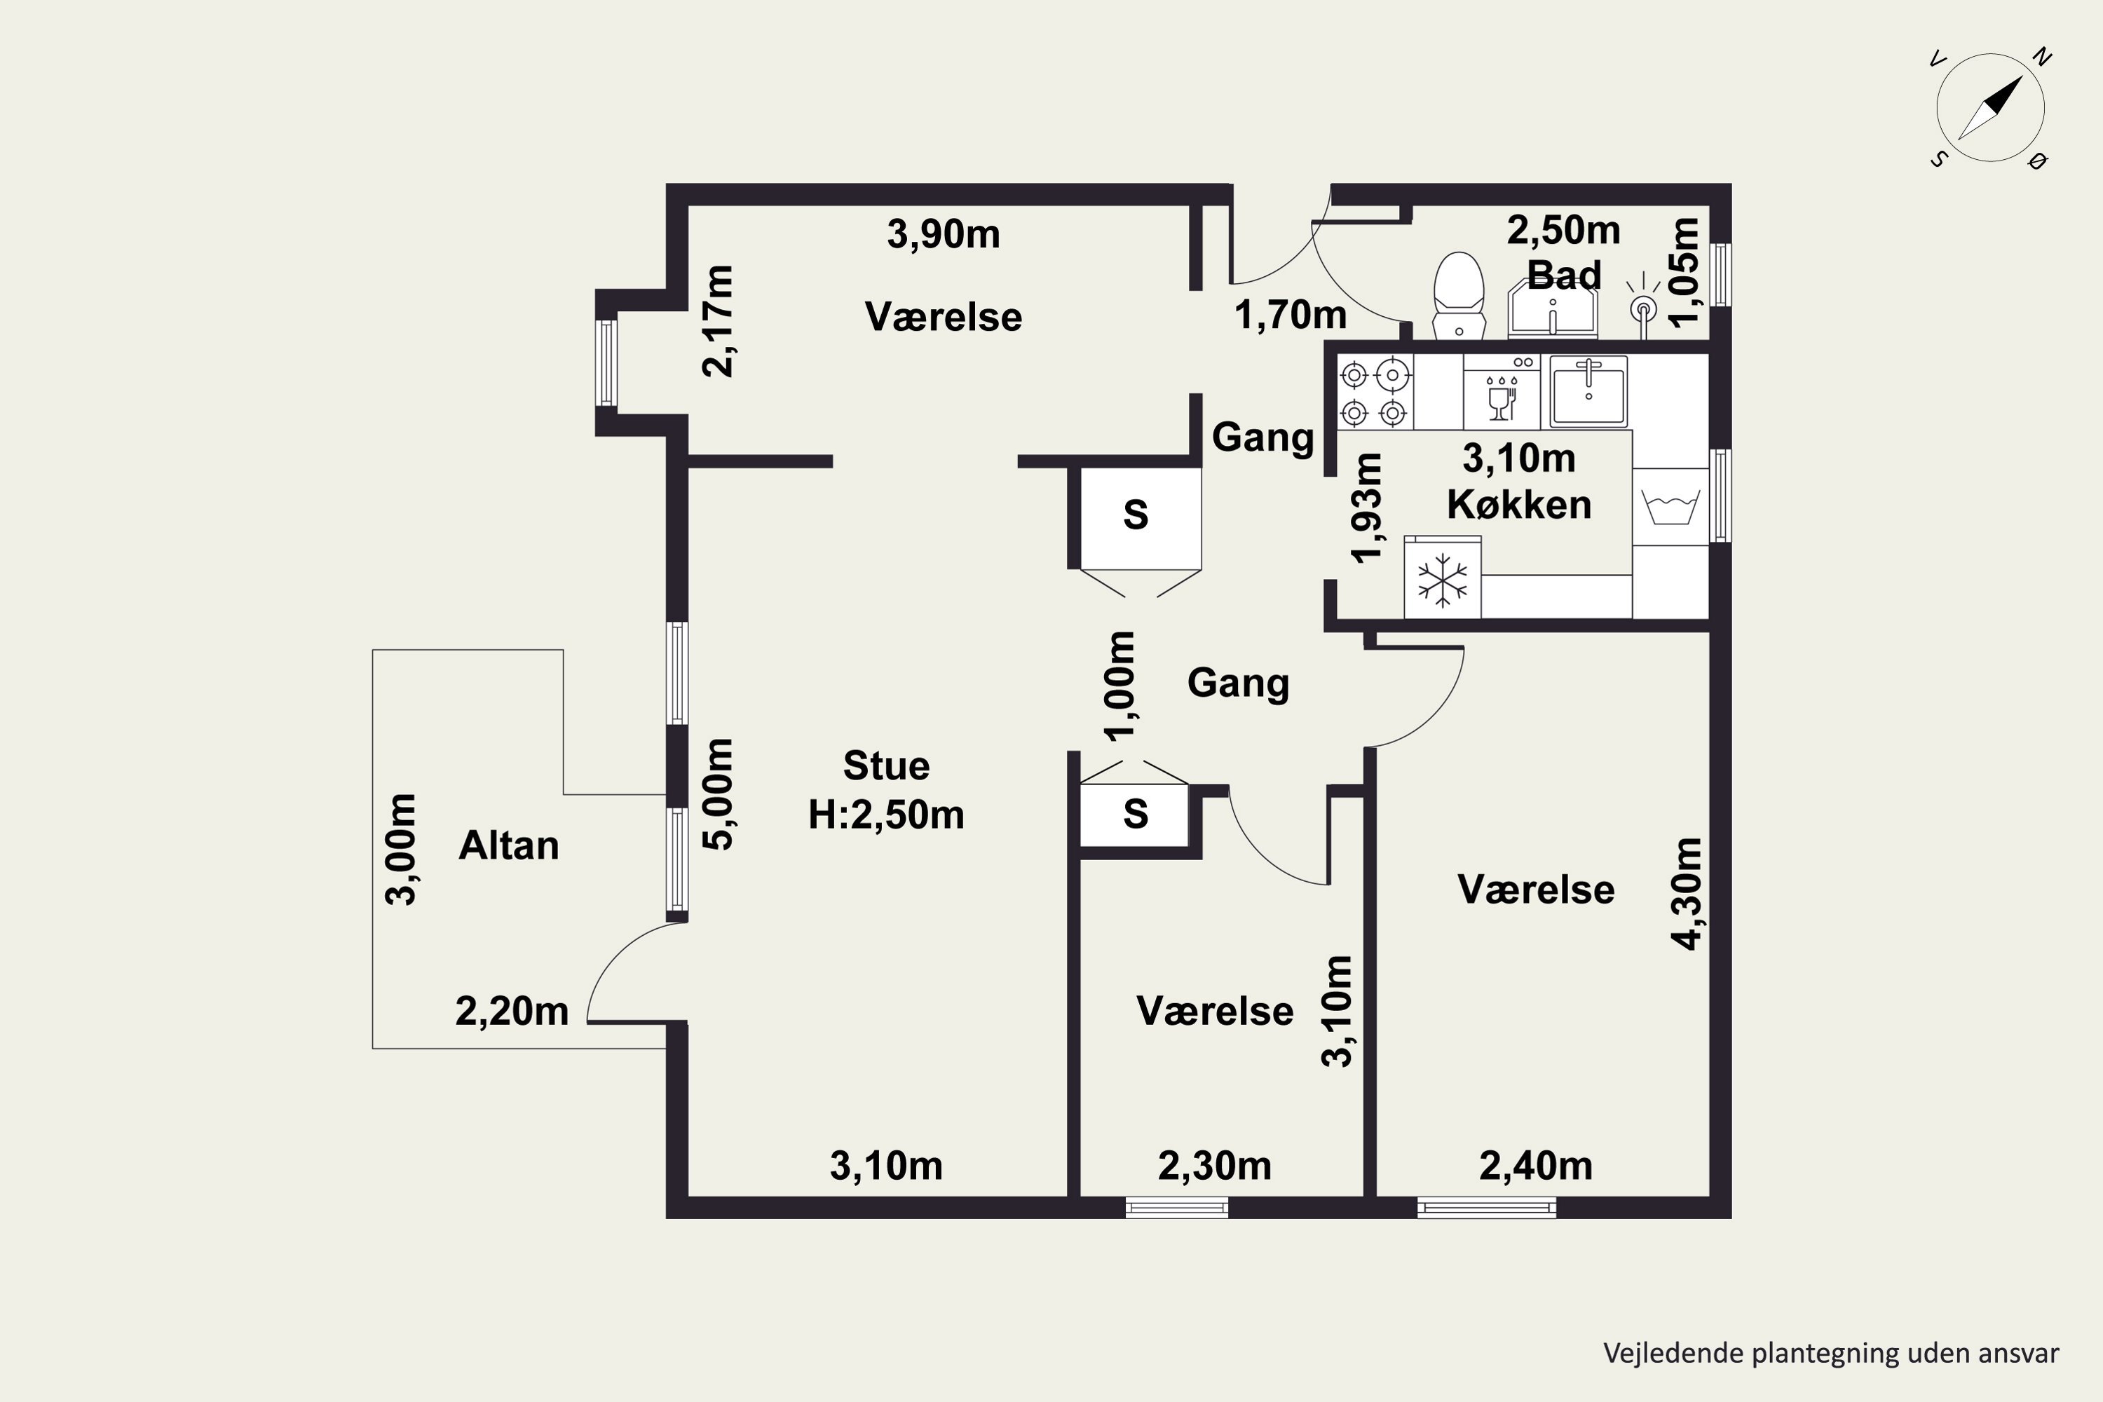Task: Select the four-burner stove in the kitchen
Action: pos(1374,393)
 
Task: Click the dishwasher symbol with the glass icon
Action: pos(1502,393)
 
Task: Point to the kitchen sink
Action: pos(1588,390)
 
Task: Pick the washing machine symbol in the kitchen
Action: pos(1671,507)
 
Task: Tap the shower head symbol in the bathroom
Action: pos(1643,307)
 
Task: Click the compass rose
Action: pos(1990,107)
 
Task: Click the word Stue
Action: pos(886,765)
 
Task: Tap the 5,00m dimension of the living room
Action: pos(718,794)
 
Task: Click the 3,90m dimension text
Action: pos(944,234)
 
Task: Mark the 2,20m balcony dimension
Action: pos(512,1012)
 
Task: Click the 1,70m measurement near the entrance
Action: pos(1291,315)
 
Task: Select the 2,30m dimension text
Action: pos(1214,1166)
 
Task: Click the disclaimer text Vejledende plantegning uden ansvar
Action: pos(1831,1353)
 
